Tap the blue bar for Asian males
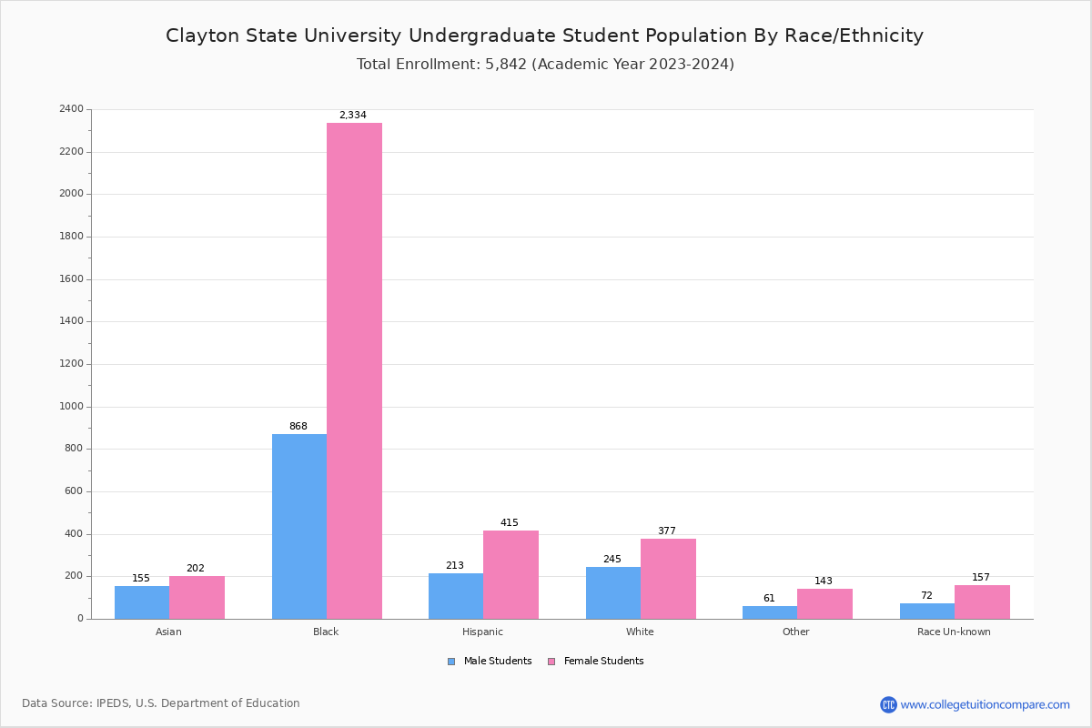click(141, 602)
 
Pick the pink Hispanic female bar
click(511, 574)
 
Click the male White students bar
click(612, 592)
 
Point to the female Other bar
click(824, 603)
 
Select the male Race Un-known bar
click(926, 611)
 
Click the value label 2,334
click(353, 116)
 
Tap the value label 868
click(298, 427)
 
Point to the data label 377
click(667, 531)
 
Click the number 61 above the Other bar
click(769, 599)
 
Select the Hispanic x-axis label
click(482, 632)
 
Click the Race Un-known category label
click(954, 632)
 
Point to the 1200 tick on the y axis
click(71, 364)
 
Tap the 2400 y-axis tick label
click(71, 109)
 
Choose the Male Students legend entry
click(497, 662)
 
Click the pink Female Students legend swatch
click(551, 662)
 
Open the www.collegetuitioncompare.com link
click(985, 704)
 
